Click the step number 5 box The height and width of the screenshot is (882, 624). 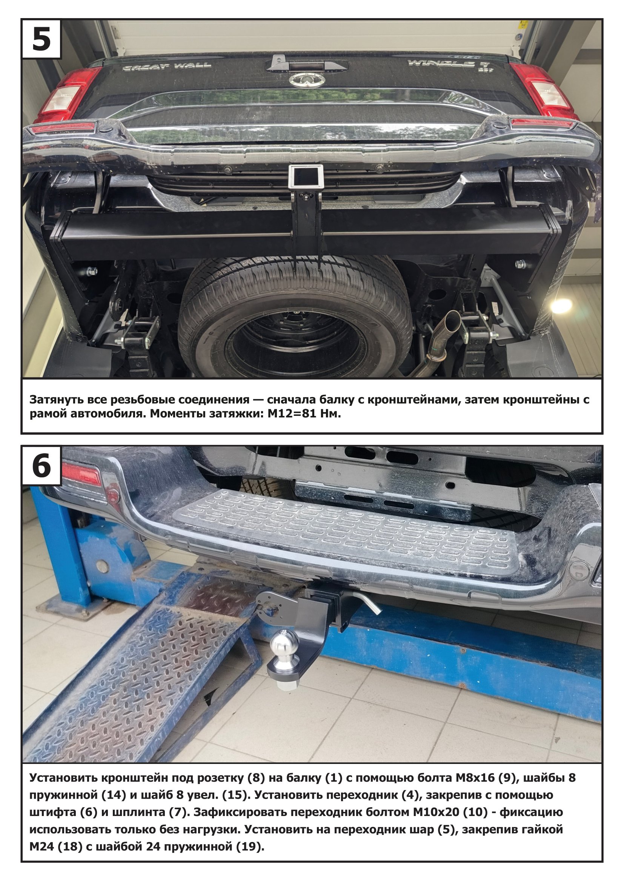[41, 39]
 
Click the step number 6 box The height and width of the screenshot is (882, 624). [41, 466]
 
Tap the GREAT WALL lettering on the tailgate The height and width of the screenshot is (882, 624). [166, 67]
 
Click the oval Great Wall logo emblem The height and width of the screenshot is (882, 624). [307, 80]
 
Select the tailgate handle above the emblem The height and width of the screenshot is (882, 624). [307, 64]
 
